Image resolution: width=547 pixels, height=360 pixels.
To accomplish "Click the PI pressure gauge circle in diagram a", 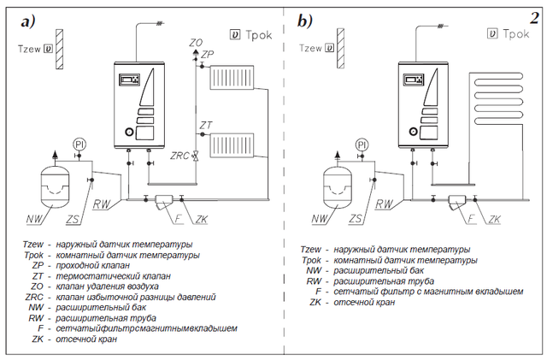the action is (79, 145).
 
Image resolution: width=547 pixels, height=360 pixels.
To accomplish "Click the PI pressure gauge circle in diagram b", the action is (362, 145).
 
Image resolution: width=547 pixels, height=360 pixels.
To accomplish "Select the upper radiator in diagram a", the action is (232, 77).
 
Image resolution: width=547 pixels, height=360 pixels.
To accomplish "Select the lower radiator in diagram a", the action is (232, 145).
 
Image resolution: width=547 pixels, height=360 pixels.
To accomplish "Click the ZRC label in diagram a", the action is (179, 156).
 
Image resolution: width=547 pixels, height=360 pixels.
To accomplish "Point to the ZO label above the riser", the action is (196, 43).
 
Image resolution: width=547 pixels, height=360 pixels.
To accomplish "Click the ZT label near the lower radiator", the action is (206, 125).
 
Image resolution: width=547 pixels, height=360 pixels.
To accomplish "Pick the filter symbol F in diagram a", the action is (163, 202).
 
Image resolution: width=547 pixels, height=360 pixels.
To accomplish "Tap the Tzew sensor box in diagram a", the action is (48, 49).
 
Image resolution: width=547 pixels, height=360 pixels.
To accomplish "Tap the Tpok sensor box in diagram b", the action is (492, 34).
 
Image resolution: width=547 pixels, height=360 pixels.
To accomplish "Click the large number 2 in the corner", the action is (535, 18).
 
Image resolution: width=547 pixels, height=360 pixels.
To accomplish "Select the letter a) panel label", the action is (28, 21).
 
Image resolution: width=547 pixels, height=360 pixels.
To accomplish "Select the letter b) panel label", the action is (305, 21).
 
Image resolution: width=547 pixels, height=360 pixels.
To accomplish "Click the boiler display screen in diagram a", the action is (130, 80).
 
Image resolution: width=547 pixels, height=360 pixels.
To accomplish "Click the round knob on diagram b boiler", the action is (414, 132).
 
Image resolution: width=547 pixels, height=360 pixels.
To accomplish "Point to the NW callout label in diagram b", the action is (319, 219).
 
